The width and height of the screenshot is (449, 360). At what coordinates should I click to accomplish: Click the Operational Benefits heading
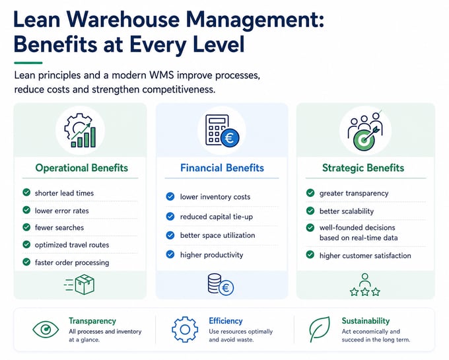82,168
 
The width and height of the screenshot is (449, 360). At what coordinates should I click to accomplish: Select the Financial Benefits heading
222,168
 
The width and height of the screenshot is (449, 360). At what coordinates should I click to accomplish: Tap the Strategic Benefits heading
363,168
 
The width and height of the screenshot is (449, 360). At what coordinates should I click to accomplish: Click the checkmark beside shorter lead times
26,192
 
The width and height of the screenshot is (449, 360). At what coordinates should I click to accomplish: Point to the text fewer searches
59,228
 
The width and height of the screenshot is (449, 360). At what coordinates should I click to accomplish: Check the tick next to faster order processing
26,262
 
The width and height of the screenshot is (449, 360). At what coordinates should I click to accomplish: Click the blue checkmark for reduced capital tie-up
170,216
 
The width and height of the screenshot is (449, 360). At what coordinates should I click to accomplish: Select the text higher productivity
211,255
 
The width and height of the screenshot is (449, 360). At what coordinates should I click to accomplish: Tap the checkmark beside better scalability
310,211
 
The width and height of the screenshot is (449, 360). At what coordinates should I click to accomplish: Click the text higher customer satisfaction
365,256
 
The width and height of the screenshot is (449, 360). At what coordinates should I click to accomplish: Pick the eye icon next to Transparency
46,330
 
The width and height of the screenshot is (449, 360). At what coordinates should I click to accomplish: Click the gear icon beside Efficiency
185,330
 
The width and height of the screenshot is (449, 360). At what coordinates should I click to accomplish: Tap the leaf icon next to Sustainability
320,330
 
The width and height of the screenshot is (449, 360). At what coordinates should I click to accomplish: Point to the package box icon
85,285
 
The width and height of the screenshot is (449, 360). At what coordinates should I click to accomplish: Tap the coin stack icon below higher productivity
221,285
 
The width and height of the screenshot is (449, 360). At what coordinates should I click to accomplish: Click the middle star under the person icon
365,292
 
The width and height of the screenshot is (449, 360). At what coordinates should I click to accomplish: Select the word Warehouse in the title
123,20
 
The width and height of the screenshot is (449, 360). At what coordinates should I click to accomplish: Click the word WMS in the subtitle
162,75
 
